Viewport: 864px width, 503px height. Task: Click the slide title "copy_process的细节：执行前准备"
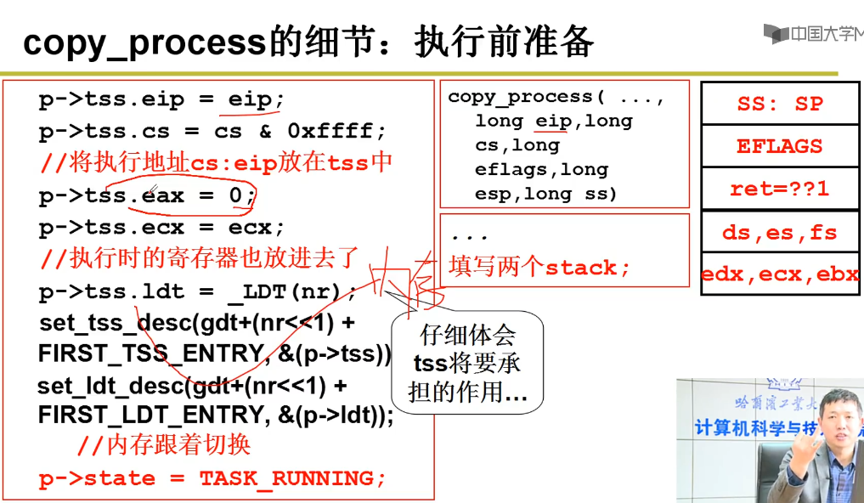[308, 42]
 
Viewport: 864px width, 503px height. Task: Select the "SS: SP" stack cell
[779, 104]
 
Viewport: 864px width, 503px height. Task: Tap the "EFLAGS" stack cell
[779, 146]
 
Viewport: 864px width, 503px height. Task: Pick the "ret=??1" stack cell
[779, 189]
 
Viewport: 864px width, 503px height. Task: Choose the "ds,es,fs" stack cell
[779, 232]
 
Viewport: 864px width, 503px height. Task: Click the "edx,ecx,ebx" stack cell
[779, 274]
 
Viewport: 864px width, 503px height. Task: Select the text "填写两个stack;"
[539, 268]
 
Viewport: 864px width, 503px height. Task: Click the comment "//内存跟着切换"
[163, 445]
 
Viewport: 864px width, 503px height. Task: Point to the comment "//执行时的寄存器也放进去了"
[199, 257]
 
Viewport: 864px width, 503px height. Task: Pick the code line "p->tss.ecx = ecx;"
[161, 228]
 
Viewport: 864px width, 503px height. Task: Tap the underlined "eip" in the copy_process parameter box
[552, 121]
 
